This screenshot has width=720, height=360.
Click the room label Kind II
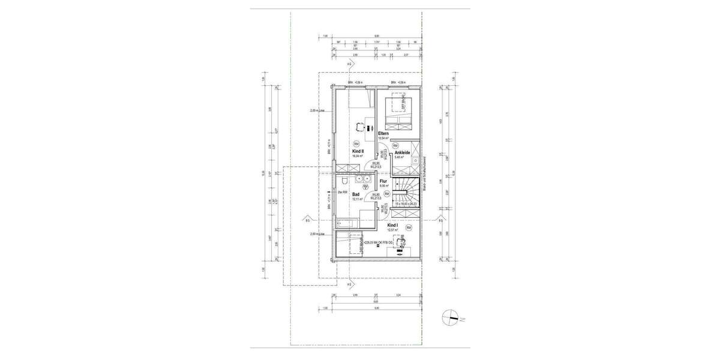coord(358,152)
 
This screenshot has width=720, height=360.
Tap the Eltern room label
coord(384,133)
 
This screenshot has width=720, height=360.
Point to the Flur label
coord(383,181)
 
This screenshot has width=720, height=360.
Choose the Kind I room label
coord(393,225)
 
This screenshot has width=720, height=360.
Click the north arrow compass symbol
coord(452,317)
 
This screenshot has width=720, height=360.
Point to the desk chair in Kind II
coord(359,127)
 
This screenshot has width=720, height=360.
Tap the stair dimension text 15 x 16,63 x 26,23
coord(406,204)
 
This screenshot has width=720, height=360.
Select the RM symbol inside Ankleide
coord(395,146)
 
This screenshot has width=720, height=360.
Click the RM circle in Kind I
coord(409,228)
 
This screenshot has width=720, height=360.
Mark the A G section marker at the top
coord(350,64)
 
